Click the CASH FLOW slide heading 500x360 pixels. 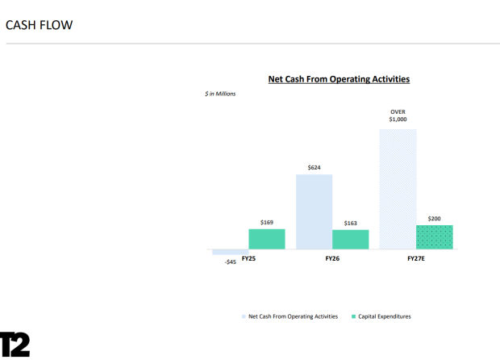coord(40,25)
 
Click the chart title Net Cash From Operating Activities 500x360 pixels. coord(339,79)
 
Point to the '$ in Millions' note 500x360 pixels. coord(220,94)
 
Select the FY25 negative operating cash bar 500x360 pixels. coord(230,252)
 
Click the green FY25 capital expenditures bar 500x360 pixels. coord(267,239)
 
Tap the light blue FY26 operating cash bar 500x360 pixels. coord(314,211)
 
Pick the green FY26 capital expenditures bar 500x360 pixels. coord(351,240)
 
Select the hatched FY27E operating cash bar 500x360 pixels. coord(398,189)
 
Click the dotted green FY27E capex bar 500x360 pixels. coord(435,237)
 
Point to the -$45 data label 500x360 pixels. coord(230,262)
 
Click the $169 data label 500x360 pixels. coord(267,222)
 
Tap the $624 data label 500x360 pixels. coord(314,168)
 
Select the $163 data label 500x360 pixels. coord(351,223)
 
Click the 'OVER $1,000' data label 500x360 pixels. coord(398,115)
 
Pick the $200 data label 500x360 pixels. coord(435,219)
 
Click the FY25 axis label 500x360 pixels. coord(248,258)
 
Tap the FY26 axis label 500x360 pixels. coord(332,258)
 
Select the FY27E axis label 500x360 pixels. coord(416,258)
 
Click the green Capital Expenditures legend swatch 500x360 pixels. coord(353,316)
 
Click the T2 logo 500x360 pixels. coord(15,345)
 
